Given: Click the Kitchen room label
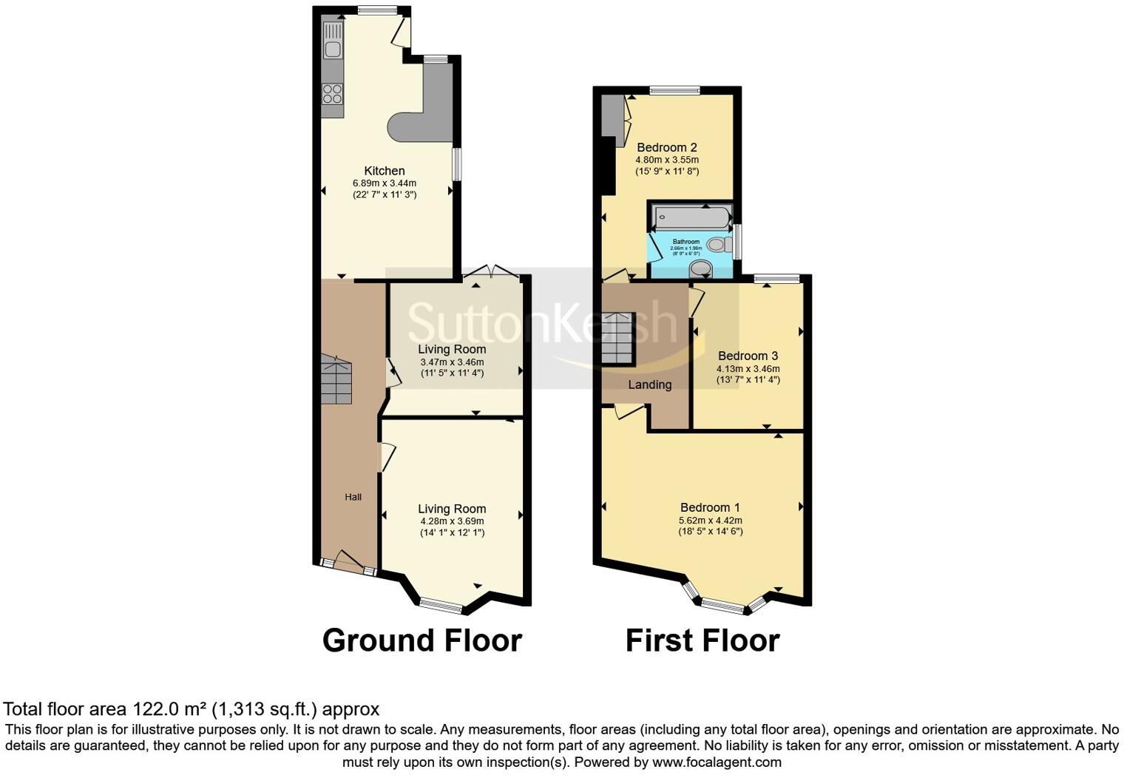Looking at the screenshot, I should pyautogui.click(x=384, y=171).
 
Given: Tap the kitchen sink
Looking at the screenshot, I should pyautogui.click(x=333, y=49).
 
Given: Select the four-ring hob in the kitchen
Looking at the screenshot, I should pyautogui.click(x=333, y=94).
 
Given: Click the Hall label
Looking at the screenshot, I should pyautogui.click(x=353, y=497).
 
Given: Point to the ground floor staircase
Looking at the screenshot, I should pyautogui.click(x=336, y=379).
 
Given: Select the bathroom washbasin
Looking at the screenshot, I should pyautogui.click(x=698, y=267).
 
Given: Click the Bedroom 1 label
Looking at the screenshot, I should pyautogui.click(x=710, y=507).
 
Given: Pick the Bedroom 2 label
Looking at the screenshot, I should pyautogui.click(x=667, y=147).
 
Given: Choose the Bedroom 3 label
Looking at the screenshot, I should pyautogui.click(x=748, y=356).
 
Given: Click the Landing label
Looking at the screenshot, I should pyautogui.click(x=649, y=385).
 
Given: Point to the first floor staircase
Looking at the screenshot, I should pyautogui.click(x=617, y=339).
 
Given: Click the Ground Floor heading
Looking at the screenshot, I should pyautogui.click(x=422, y=640).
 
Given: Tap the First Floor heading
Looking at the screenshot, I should pyautogui.click(x=702, y=640).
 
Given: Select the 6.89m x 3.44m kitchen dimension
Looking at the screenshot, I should pyautogui.click(x=384, y=183).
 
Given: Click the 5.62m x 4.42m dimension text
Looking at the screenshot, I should pyautogui.click(x=710, y=520).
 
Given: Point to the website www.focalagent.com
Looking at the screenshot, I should pyautogui.click(x=716, y=762).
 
